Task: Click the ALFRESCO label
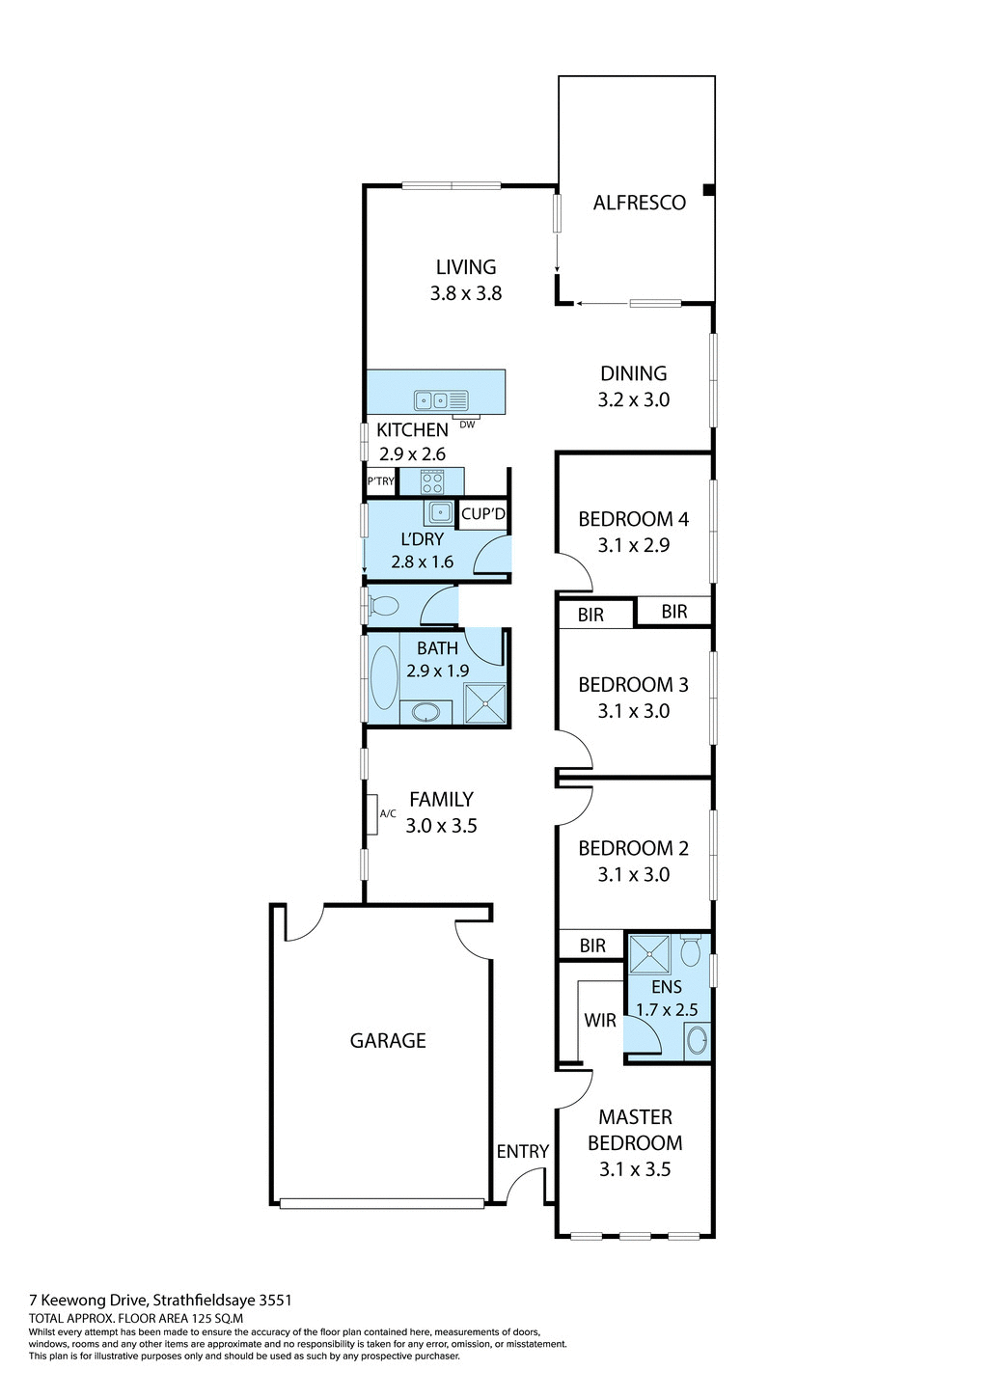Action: click(x=639, y=203)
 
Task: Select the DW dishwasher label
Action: click(x=467, y=425)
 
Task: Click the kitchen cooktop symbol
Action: click(x=432, y=480)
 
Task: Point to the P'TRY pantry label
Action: click(x=380, y=480)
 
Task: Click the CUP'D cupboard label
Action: click(x=482, y=514)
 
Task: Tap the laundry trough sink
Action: click(x=440, y=512)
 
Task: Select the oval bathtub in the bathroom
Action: click(x=384, y=677)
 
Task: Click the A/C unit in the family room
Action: click(x=371, y=813)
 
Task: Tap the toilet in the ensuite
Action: click(x=691, y=950)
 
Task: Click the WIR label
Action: click(x=600, y=1020)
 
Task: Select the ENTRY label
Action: click(x=522, y=1151)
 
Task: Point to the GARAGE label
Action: click(x=388, y=1040)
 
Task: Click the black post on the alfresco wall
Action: click(x=709, y=191)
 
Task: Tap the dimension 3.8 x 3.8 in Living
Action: click(x=466, y=293)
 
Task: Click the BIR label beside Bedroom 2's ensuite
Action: click(x=592, y=946)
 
